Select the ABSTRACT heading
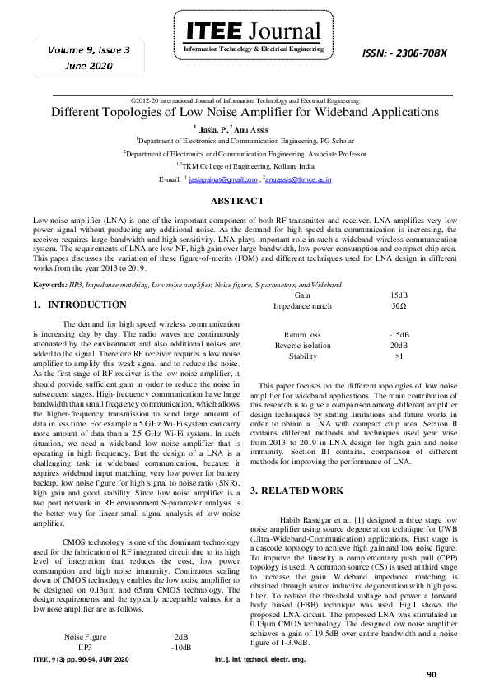tap(237, 201)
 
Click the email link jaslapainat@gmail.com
tap(223, 179)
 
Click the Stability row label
tap(302, 356)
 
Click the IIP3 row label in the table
tap(85, 648)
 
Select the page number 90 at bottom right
tap(431, 675)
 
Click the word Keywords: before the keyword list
tap(49, 285)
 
